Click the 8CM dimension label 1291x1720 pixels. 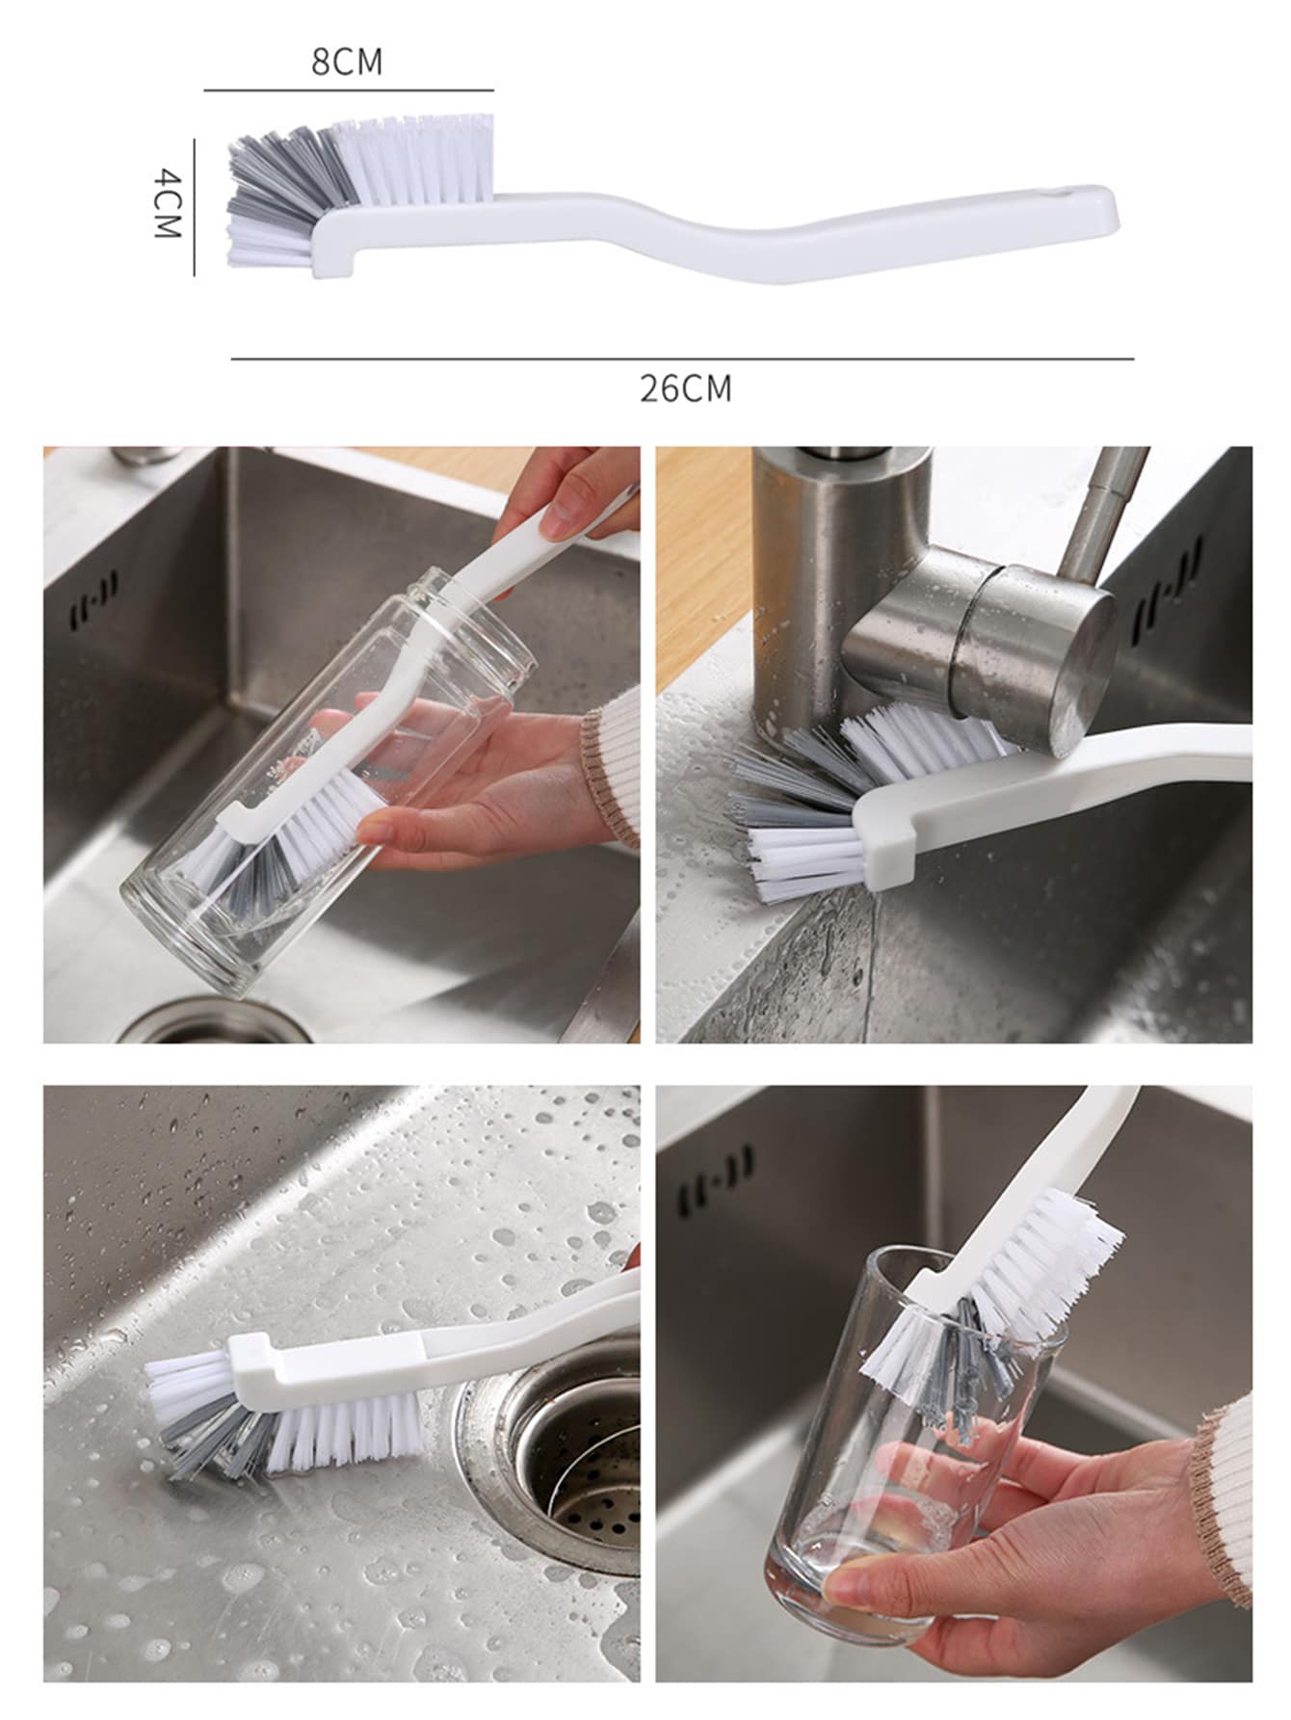coord(347,62)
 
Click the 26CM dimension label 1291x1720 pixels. coord(686,388)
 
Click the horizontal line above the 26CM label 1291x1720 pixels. coord(682,359)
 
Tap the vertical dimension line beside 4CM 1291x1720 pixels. coord(194,207)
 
